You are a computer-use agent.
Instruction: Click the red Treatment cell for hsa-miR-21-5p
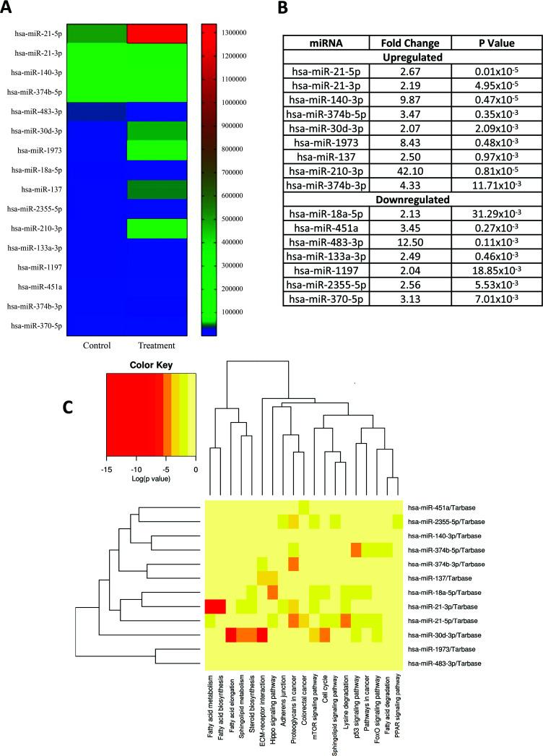pos(157,33)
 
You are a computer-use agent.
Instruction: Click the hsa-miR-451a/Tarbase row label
pos(440,507)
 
